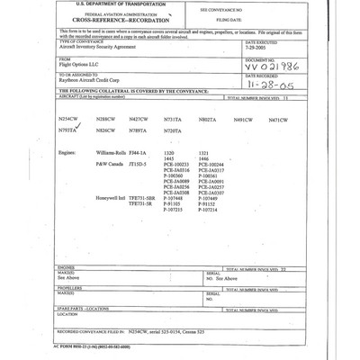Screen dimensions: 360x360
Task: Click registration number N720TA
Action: click(173, 131)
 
